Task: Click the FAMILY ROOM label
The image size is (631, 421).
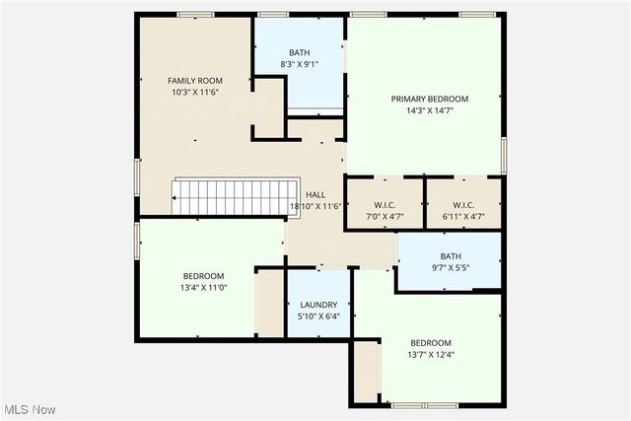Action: pyautogui.click(x=194, y=81)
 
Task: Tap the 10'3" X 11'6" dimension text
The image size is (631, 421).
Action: pyautogui.click(x=194, y=92)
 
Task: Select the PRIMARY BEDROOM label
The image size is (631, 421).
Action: pyautogui.click(x=429, y=99)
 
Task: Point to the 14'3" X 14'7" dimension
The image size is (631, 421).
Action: pyautogui.click(x=429, y=110)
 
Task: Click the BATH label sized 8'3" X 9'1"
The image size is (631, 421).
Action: pyautogui.click(x=299, y=52)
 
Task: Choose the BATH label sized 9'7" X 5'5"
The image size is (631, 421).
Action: pyautogui.click(x=451, y=255)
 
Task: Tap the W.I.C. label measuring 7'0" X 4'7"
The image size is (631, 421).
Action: pyautogui.click(x=384, y=204)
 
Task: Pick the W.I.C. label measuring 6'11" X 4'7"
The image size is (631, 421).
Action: pyautogui.click(x=463, y=204)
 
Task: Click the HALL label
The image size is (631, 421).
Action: pyautogui.click(x=315, y=195)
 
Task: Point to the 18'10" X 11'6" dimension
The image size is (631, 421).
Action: pyautogui.click(x=315, y=206)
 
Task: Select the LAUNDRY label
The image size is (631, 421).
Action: pyautogui.click(x=318, y=306)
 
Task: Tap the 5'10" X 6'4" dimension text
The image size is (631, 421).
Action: pyautogui.click(x=318, y=316)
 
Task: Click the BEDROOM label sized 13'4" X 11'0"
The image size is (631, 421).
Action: pyautogui.click(x=203, y=276)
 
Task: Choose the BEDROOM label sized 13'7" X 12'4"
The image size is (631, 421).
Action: pyautogui.click(x=431, y=343)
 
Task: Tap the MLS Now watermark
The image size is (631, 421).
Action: pyautogui.click(x=29, y=409)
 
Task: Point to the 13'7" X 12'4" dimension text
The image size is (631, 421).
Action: pyautogui.click(x=431, y=355)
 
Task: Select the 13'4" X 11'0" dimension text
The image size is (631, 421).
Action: pyautogui.click(x=203, y=287)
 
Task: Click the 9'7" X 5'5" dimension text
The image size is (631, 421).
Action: pyautogui.click(x=451, y=267)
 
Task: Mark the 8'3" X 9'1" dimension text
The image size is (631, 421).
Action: pyautogui.click(x=299, y=64)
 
